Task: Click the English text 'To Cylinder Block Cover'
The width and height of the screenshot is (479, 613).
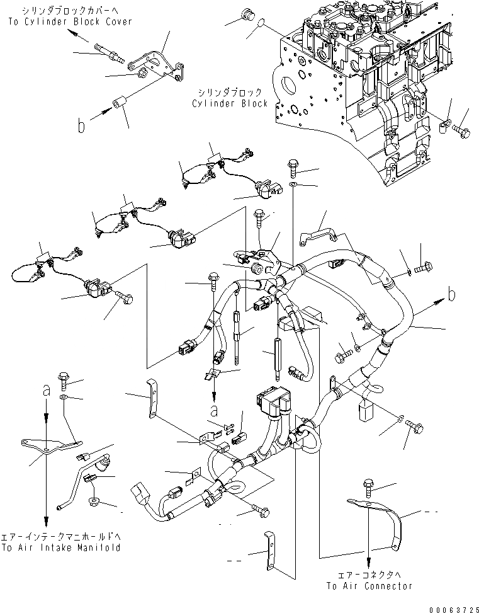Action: click(70, 21)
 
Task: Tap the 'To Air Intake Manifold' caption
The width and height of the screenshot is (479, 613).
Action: click(61, 547)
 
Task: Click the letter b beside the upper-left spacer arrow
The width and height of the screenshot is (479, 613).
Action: click(81, 127)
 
